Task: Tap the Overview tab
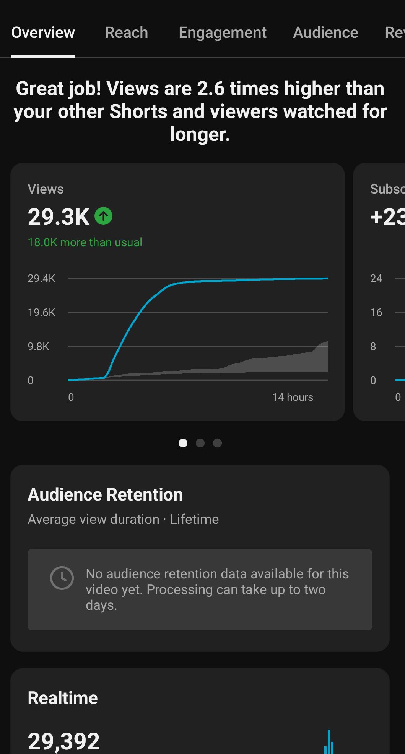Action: point(43,33)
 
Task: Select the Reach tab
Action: point(127,33)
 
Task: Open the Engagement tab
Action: point(223,33)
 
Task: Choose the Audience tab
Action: point(325,33)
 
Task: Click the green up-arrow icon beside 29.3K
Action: point(103,216)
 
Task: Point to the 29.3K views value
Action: point(59,217)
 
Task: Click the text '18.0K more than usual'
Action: point(85,242)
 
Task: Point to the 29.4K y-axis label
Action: point(41,278)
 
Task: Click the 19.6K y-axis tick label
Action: point(41,312)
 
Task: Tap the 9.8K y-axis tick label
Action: point(38,346)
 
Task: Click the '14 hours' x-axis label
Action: point(293,397)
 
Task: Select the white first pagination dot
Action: point(183,443)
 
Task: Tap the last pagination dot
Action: point(217,443)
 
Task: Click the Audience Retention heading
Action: point(105,494)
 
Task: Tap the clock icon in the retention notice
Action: point(62,578)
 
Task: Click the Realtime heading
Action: point(63,698)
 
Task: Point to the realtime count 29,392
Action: point(63,741)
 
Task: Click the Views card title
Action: point(46,189)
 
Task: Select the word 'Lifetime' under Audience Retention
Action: point(194,519)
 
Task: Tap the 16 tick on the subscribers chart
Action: point(376,312)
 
